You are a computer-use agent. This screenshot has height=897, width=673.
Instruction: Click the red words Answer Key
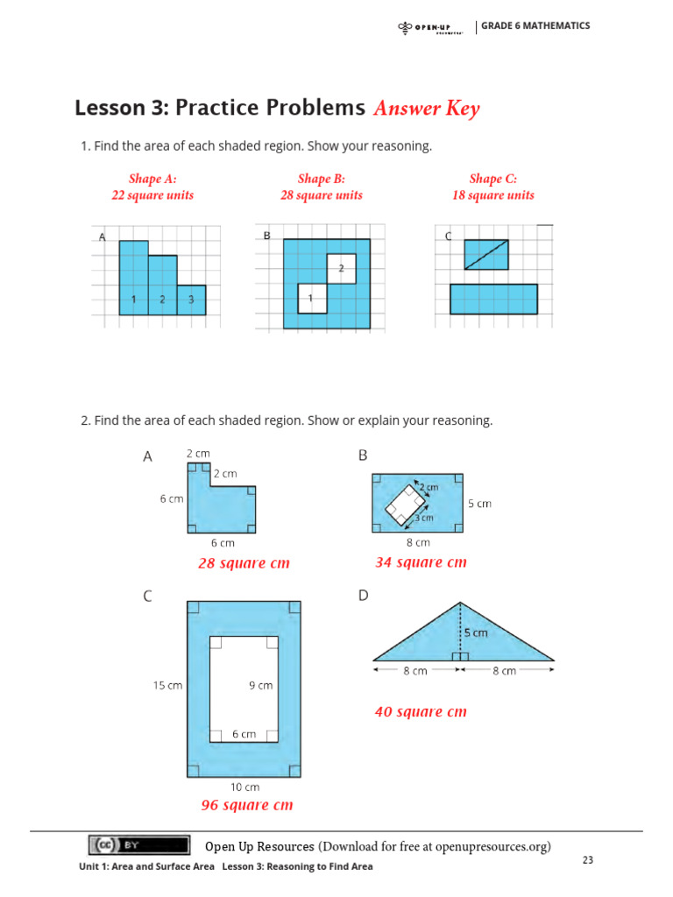(x=426, y=109)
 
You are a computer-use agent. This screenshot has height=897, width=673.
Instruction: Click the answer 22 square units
(x=152, y=195)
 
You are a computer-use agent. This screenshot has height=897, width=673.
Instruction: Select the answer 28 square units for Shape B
(x=321, y=195)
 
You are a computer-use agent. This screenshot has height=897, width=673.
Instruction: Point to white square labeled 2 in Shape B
(x=341, y=268)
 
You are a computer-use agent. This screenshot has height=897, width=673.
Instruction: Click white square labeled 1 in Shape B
(x=312, y=299)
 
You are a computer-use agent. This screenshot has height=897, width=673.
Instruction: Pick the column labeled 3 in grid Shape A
(x=191, y=300)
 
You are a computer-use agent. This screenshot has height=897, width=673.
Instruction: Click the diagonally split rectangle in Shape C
(x=486, y=254)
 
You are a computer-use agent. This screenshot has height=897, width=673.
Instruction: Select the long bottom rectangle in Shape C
(x=493, y=300)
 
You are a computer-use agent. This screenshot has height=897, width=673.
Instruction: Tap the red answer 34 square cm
(x=421, y=562)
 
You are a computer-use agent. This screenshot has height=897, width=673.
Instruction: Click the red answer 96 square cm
(x=247, y=805)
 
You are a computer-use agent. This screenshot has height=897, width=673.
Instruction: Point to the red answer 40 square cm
(x=421, y=712)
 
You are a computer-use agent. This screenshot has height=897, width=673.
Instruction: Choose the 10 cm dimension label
(x=244, y=787)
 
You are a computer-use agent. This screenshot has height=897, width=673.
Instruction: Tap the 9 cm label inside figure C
(x=260, y=686)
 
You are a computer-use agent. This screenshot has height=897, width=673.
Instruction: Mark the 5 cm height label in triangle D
(x=477, y=632)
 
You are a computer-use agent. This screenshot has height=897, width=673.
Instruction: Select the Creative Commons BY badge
(x=138, y=845)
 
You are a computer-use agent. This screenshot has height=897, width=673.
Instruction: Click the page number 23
(x=588, y=860)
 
